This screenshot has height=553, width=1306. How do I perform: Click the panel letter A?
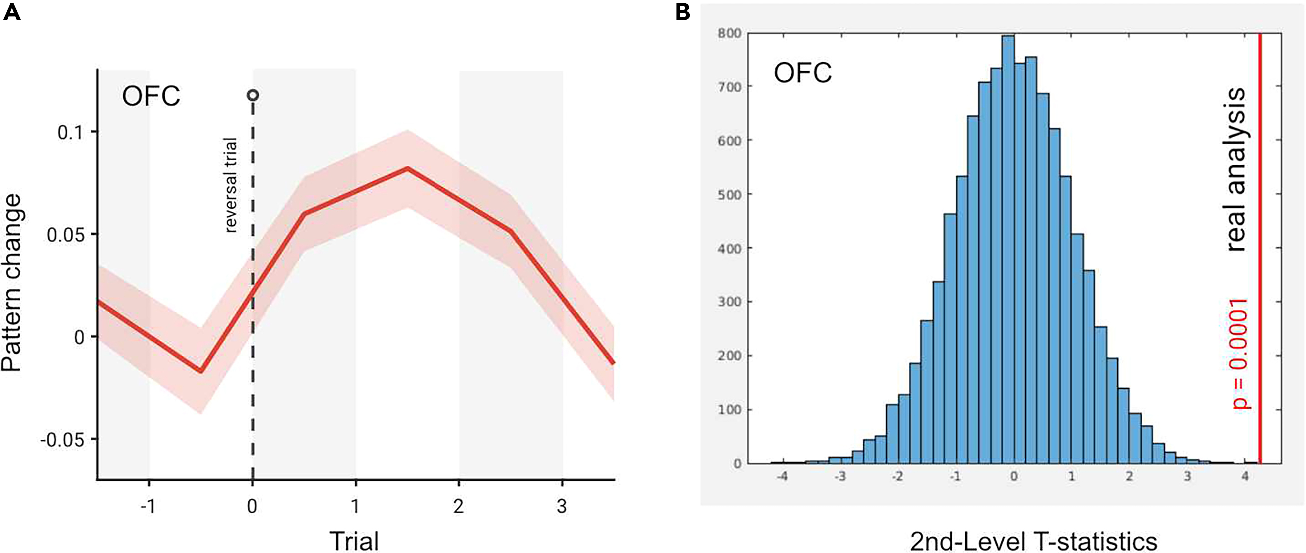[12, 12]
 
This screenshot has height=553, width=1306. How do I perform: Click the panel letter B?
[683, 12]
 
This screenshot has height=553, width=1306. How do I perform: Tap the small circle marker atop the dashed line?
[253, 95]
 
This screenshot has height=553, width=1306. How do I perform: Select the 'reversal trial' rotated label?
[231, 185]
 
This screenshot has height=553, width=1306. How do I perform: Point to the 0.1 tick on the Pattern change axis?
[71, 133]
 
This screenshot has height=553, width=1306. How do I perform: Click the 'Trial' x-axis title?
[354, 541]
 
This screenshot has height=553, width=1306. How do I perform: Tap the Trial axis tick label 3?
[562, 506]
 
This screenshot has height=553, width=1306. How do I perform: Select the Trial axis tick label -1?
[147, 506]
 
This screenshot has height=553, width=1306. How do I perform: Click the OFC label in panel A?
[151, 96]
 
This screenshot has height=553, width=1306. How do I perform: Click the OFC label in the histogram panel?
[803, 73]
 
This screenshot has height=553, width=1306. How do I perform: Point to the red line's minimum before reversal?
[201, 371]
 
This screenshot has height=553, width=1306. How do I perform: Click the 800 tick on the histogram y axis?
[729, 33]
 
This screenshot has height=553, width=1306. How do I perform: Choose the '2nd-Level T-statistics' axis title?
[1033, 541]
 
